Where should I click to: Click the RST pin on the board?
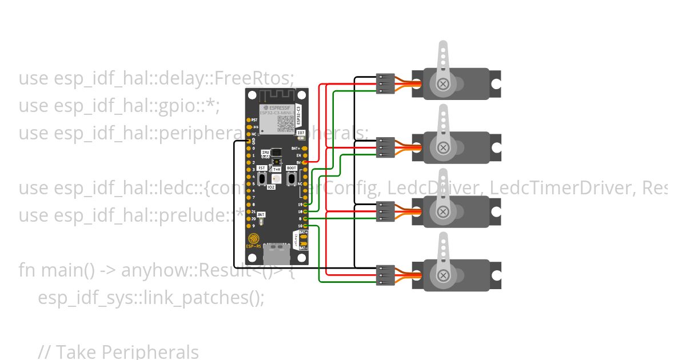pyautogui.click(x=248, y=120)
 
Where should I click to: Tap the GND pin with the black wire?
pyautogui.click(x=248, y=141)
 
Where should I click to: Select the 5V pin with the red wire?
pyautogui.click(x=305, y=162)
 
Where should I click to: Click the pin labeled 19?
pyautogui.click(x=305, y=205)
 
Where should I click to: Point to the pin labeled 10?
pyautogui.click(x=305, y=226)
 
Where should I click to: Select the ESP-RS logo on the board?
pyautogui.click(x=253, y=241)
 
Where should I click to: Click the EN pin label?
pyautogui.click(x=298, y=155)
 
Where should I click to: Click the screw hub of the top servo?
pyautogui.click(x=442, y=85)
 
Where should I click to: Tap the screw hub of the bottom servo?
pyautogui.click(x=442, y=277)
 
